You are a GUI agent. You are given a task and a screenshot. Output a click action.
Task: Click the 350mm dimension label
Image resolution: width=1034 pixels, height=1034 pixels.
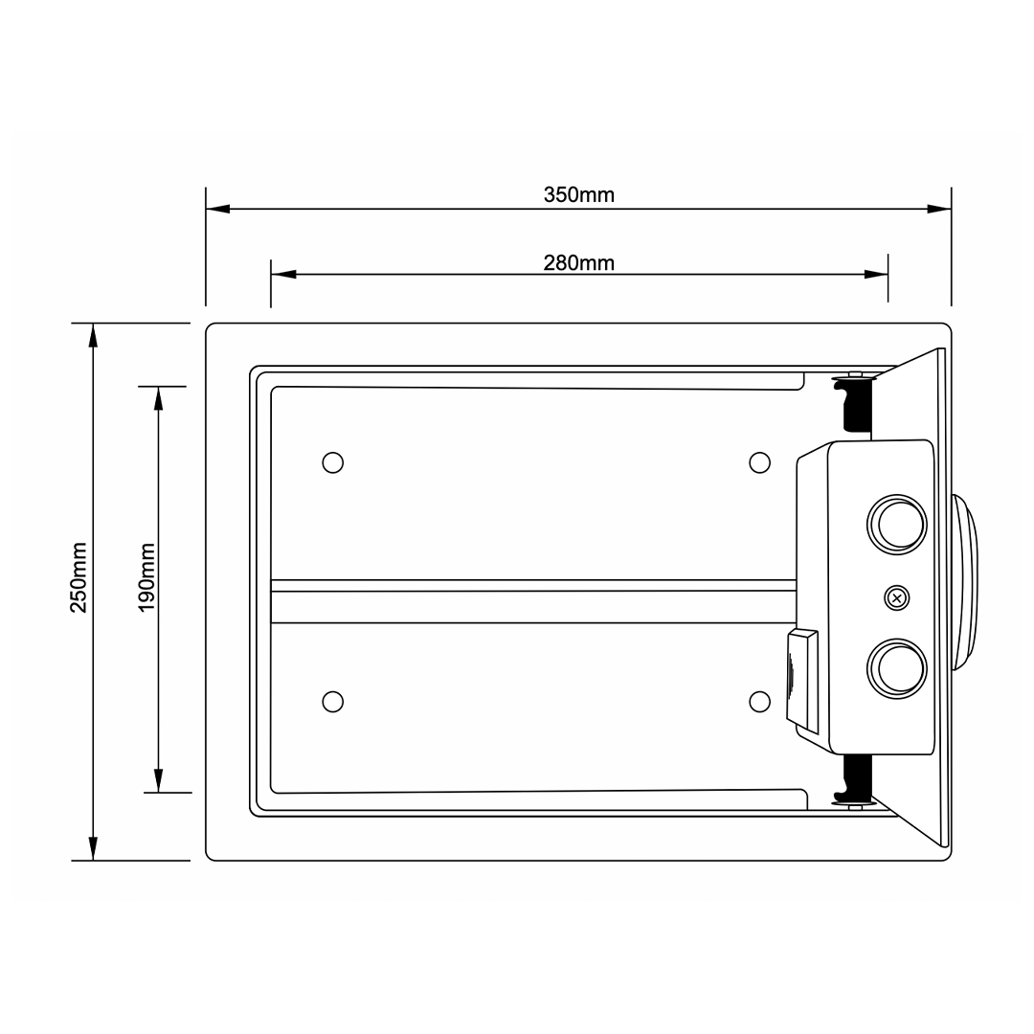click(x=578, y=194)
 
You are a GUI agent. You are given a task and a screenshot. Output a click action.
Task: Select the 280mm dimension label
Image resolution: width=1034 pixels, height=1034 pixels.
click(x=578, y=262)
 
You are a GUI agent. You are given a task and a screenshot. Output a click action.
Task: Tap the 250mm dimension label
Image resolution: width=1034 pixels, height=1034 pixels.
click(x=79, y=577)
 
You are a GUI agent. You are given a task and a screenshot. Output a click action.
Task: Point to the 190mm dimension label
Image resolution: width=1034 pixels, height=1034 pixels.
click(x=146, y=577)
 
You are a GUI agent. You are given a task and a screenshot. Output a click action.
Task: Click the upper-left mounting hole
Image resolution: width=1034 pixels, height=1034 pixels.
click(x=333, y=463)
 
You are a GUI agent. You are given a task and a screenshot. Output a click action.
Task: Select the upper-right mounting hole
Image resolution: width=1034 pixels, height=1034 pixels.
click(x=759, y=463)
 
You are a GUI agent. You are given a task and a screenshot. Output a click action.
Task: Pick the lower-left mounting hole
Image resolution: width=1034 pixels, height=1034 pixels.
click(x=333, y=702)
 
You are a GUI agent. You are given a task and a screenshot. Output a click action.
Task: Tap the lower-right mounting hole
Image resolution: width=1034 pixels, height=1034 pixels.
click(x=759, y=702)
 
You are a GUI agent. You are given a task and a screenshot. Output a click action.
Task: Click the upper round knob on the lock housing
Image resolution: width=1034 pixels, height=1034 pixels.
click(x=897, y=525)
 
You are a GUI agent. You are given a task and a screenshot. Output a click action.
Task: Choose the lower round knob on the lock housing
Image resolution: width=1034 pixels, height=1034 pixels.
click(x=897, y=668)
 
